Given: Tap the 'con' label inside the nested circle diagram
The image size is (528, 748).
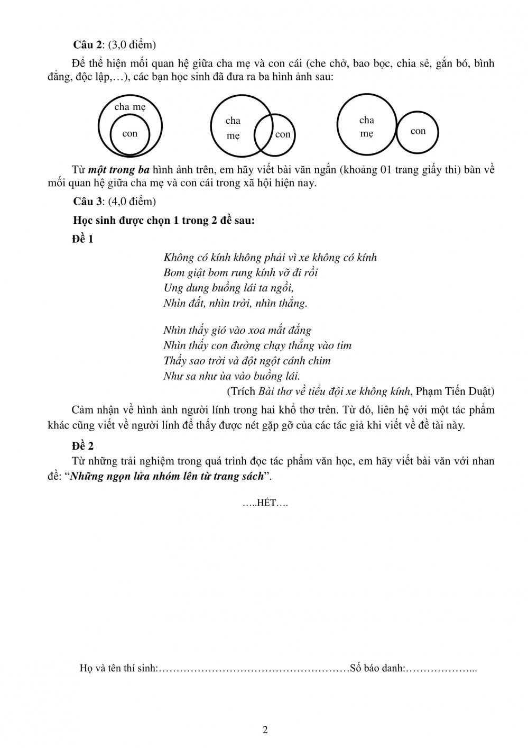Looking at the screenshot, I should tap(130, 134).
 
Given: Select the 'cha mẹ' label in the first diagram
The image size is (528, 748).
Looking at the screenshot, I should tap(130, 107).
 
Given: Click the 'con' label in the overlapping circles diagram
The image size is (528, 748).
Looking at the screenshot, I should tap(283, 134).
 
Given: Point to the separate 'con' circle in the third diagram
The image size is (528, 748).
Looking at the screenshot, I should tap(418, 131).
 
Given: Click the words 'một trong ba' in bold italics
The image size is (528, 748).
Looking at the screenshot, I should tap(119, 170).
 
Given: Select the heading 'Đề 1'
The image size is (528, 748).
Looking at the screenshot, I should tap(82, 239).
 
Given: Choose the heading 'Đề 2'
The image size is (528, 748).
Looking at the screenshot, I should tap(83, 445).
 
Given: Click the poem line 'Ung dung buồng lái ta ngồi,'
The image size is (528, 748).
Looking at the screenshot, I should tap(228, 288).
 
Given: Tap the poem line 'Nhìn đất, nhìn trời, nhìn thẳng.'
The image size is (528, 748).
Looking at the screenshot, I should tap(235, 304).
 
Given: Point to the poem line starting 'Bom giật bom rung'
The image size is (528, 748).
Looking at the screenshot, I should tap(240, 273).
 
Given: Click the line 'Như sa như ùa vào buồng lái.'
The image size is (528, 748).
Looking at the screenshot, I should tap(231, 376).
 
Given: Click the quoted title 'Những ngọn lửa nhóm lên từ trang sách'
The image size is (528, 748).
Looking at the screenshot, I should tap(166, 476).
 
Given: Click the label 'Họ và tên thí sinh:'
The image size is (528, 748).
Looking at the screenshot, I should tap(119, 668).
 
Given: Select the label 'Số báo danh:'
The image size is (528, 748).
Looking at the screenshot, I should tap(377, 668).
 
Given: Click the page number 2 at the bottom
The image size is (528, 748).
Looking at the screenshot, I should tap(265, 731).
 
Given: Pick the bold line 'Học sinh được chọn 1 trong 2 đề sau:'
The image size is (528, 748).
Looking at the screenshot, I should tap(164, 221).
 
